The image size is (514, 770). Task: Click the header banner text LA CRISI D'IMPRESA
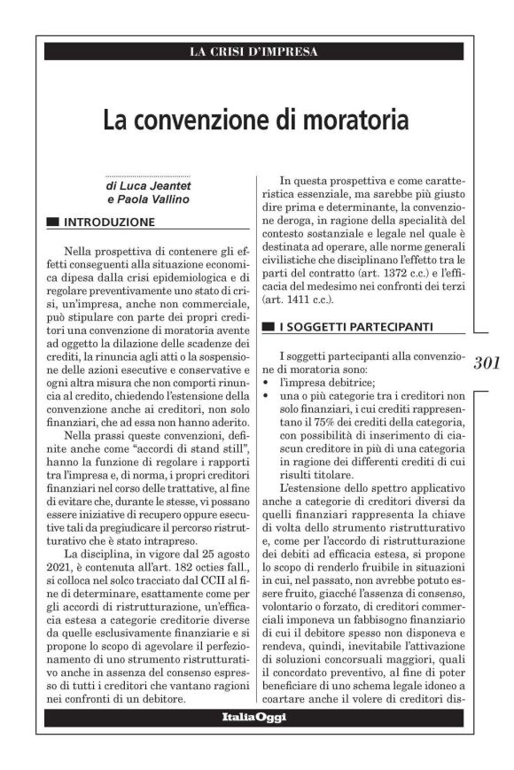253,51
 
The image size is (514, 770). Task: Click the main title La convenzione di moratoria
255,119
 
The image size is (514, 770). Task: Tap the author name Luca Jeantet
152,188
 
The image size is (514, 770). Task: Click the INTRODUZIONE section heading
110,222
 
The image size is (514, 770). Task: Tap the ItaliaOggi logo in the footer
253,717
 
